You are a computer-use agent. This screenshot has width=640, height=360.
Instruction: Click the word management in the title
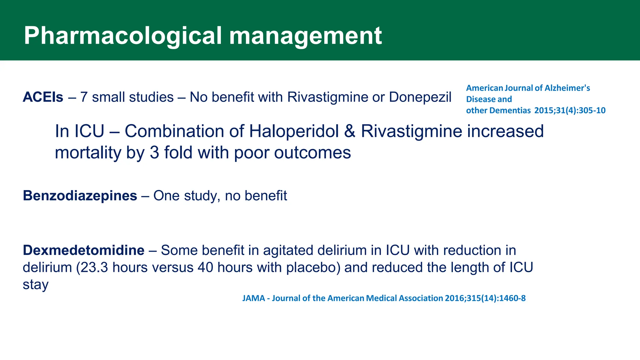[305, 36]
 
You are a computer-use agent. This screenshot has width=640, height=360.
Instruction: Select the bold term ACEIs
[43, 97]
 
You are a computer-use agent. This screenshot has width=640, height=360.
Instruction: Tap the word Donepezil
[420, 97]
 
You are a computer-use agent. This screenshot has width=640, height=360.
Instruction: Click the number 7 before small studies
[84, 97]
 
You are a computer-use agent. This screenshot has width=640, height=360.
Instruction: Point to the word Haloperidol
[294, 131]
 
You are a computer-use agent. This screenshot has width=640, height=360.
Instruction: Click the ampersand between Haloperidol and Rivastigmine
[350, 131]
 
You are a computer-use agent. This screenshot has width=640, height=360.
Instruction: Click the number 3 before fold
[154, 153]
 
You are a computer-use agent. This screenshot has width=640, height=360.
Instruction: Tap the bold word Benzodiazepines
[80, 196]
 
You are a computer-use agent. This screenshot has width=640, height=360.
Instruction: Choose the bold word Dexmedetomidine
[84, 250]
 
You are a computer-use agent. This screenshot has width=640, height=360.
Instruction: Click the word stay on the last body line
[36, 285]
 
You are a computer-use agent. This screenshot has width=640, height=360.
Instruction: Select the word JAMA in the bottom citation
[253, 298]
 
